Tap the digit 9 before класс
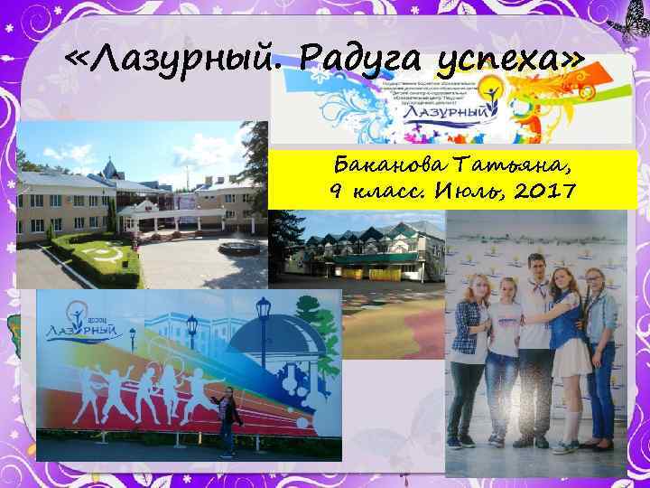(337, 192)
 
